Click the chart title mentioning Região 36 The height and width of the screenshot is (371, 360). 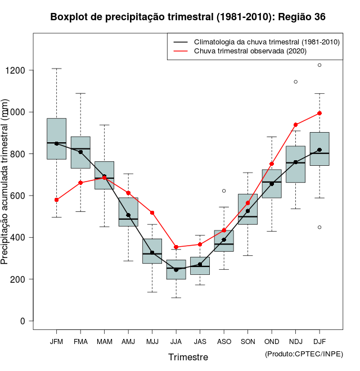[188, 17]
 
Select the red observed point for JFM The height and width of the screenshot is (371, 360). [56, 200]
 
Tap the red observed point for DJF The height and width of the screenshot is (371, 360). [319, 113]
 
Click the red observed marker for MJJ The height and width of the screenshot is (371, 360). [152, 212]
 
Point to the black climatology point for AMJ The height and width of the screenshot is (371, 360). [128, 215]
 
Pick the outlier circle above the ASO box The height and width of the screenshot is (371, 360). [224, 191]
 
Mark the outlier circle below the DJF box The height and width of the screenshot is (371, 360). [319, 227]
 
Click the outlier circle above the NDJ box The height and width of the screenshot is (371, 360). [295, 82]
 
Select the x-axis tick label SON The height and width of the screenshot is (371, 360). [247, 342]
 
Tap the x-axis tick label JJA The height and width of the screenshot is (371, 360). [176, 342]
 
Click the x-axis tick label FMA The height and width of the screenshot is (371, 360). [80, 342]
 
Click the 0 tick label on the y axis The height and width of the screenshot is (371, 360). [23, 321]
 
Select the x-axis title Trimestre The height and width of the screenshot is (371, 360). [188, 357]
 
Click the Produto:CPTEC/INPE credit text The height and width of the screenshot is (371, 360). [304, 354]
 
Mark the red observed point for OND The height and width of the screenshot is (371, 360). [272, 164]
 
